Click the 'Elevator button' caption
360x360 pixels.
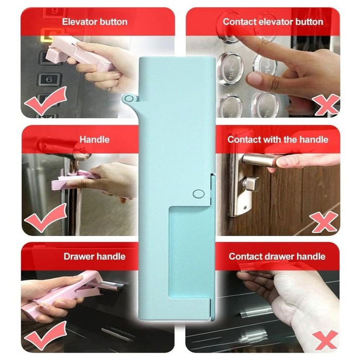[95, 22]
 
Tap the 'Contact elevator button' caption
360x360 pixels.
[273, 22]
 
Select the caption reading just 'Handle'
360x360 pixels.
[94, 139]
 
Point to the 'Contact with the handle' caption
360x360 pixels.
[278, 139]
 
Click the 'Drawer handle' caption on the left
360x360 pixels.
[95, 257]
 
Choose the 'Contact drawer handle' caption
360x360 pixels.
[277, 257]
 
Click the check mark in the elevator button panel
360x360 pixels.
[46, 101]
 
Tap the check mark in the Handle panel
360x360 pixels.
[45, 218]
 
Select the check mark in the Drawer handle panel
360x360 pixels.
[45, 335]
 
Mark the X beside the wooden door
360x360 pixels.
[323, 222]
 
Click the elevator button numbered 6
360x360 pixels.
[49, 80]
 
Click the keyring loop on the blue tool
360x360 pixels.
[129, 99]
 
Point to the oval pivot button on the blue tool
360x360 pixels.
[199, 194]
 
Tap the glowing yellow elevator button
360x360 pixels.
[49, 35]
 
